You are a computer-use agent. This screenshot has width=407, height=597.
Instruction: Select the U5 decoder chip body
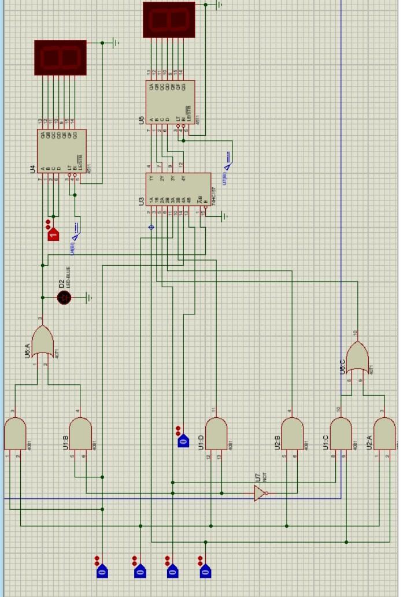point(170,102)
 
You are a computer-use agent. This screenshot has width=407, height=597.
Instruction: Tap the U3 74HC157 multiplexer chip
point(178,189)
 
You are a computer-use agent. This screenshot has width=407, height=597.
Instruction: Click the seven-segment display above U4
point(60,57)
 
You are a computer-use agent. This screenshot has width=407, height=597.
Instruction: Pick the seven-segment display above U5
point(169,20)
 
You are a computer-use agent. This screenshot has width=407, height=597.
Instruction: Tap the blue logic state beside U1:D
point(182,441)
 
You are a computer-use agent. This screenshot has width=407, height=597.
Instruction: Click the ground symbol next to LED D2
point(89,298)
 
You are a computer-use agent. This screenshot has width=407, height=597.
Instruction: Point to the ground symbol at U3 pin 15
point(225,216)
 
